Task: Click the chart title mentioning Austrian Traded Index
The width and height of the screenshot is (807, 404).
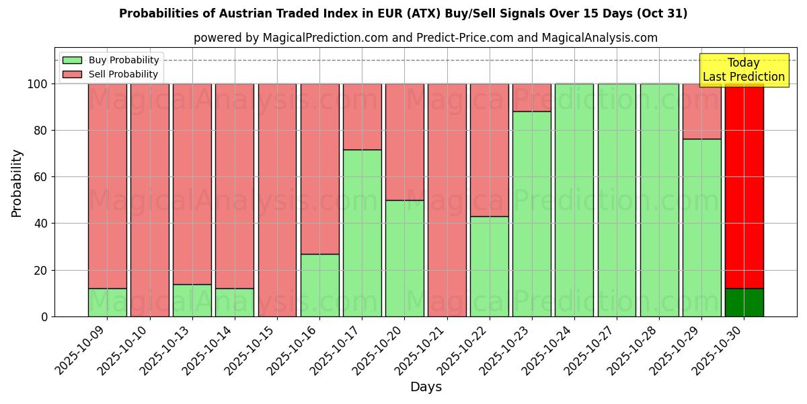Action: tap(403, 13)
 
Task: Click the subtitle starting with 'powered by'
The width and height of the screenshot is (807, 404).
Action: tap(425, 38)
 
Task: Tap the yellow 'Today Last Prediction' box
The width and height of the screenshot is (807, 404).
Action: tap(743, 70)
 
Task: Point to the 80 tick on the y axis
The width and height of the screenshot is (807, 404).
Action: tap(40, 131)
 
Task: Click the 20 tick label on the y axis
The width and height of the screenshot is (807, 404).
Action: tap(40, 270)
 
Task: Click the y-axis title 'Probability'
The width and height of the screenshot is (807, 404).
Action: tap(17, 182)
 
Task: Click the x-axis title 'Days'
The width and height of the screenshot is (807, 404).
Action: tap(426, 387)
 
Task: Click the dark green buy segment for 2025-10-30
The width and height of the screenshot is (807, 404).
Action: tap(744, 302)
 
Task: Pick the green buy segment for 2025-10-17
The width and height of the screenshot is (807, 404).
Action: tap(362, 233)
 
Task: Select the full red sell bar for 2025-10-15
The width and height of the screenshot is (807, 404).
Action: tap(277, 200)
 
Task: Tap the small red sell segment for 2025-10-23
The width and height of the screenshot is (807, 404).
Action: tap(532, 98)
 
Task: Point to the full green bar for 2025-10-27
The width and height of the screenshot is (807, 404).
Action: tap(617, 200)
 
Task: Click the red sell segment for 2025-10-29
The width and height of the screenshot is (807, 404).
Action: tap(701, 111)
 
